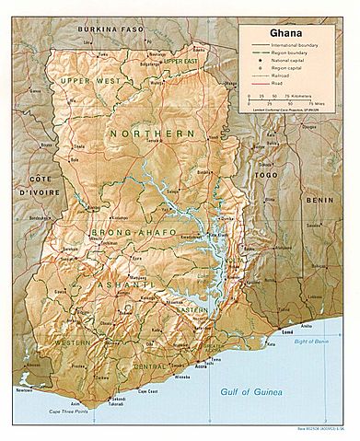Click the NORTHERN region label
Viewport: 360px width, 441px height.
pos(151,134)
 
